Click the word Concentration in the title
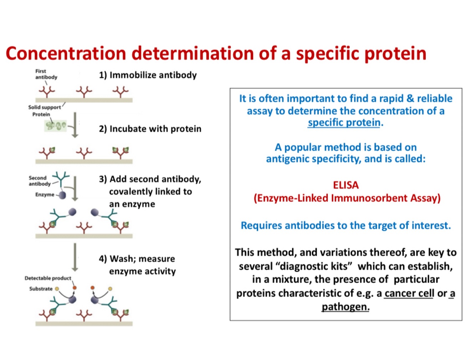coord(66,53)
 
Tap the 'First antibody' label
coord(46,74)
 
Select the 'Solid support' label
coord(45,107)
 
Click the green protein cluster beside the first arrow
coord(55,125)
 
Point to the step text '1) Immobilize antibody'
coord(148,75)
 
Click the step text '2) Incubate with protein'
coord(150,129)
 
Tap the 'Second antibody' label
coord(39,181)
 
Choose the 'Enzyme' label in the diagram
coord(45,195)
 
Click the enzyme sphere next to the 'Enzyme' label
coord(62,195)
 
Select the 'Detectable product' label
coord(48,278)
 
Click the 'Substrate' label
coord(41,289)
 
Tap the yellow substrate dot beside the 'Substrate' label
coord(57,289)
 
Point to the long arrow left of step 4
coord(75,257)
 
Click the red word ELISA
coord(345,185)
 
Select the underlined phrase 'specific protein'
coord(344,122)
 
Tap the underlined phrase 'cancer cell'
coord(409,293)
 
